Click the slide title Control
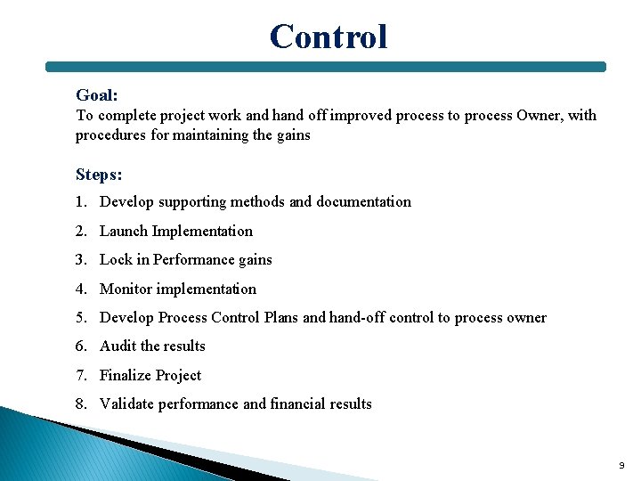point(329,37)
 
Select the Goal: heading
point(97,95)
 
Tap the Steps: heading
point(99,175)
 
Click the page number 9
point(621,466)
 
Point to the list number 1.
point(81,202)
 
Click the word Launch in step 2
point(124,232)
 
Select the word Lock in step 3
point(116,260)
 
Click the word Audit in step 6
point(118,346)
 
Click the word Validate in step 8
point(127,404)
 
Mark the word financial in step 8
point(301,404)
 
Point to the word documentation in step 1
point(363,202)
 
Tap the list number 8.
point(81,404)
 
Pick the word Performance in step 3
point(190,260)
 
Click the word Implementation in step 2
point(202,232)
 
